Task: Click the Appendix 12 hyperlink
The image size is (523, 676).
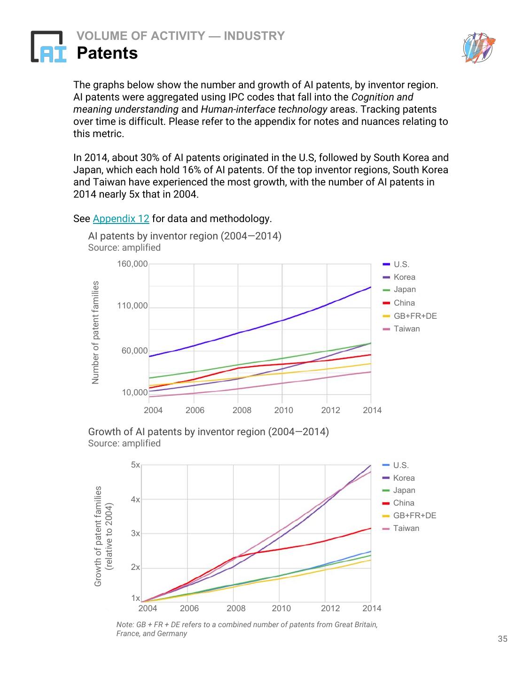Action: (121, 219)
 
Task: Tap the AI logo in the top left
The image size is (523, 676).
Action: (48, 46)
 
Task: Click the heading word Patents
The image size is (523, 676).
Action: (107, 54)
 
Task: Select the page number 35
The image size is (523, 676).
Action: (502, 639)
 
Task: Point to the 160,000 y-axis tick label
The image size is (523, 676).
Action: (132, 264)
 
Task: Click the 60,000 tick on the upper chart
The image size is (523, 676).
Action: (134, 351)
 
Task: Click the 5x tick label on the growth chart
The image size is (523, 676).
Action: (135, 465)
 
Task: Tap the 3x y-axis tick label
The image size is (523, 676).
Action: (135, 533)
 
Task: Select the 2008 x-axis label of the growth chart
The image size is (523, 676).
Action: (236, 608)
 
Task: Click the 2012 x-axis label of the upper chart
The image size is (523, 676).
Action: (330, 410)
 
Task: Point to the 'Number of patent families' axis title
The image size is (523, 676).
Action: (96, 332)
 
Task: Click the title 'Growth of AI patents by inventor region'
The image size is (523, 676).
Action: (208, 432)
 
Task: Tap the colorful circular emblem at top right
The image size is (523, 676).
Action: (478, 48)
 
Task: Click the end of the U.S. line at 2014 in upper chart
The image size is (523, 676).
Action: (370, 287)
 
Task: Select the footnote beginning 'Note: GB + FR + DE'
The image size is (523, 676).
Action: (247, 629)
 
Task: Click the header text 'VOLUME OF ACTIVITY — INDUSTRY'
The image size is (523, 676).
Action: (180, 36)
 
